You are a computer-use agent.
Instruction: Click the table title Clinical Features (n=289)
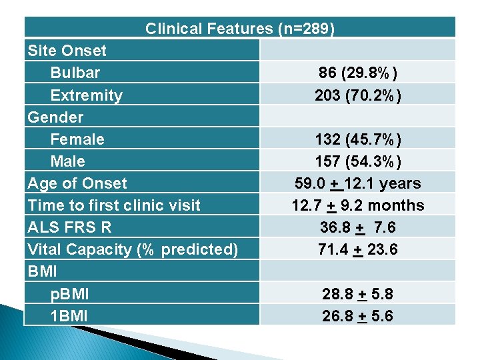coord(240,29)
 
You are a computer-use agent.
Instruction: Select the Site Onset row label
coord(67,51)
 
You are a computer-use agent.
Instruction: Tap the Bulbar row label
coord(75,73)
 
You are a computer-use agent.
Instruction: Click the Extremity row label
coord(86,95)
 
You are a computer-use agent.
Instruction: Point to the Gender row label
coord(55,117)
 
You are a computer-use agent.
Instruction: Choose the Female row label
coord(77,139)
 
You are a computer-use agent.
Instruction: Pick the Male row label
coord(67,161)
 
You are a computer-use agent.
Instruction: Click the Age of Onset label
coord(77,183)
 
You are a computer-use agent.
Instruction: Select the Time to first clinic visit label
coord(113,205)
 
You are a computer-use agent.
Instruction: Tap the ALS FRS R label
coord(69,227)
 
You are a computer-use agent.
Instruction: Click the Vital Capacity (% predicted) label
coord(132,249)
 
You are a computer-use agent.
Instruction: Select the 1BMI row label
coord(69,315)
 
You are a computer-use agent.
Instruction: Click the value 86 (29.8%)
coord(358,73)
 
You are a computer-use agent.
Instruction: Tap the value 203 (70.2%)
coord(358,95)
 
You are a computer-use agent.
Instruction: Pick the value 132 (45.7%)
coord(358,139)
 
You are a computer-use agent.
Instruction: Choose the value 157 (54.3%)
coord(358,161)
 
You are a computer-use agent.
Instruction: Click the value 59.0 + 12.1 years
coord(358,183)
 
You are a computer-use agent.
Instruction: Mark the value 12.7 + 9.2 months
coord(358,205)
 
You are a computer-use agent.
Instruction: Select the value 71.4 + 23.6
coord(358,249)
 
